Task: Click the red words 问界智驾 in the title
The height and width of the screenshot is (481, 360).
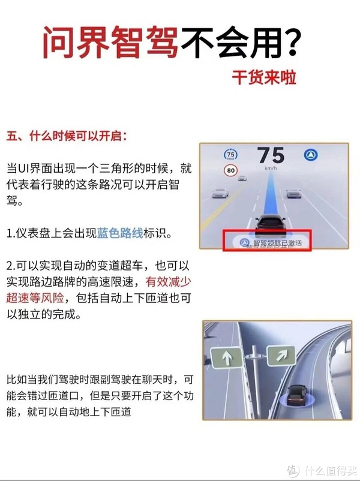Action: [110, 42]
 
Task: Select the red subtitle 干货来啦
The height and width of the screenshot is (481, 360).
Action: [264, 77]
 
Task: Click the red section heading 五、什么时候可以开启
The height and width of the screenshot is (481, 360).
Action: [66, 136]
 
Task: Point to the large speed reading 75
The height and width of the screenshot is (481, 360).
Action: [271, 155]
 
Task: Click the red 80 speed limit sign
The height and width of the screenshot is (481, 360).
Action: [231, 170]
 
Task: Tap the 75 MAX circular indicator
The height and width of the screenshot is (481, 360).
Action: [230, 155]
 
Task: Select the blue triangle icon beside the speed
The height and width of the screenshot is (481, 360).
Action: [311, 155]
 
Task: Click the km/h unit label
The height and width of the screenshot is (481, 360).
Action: [271, 168]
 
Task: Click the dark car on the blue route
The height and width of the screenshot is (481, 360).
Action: [270, 226]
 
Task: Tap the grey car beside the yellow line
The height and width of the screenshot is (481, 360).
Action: [220, 193]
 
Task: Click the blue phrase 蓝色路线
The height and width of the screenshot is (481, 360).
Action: [120, 233]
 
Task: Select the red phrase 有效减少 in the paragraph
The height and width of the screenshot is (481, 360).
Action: [168, 282]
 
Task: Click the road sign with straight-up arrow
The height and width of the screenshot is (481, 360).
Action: [227, 357]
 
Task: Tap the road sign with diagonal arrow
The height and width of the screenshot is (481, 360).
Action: [281, 356]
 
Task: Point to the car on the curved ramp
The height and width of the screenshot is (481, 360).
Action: [297, 396]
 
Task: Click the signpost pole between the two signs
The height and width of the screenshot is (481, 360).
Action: [255, 380]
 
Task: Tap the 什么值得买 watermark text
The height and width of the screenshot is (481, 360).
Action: [331, 470]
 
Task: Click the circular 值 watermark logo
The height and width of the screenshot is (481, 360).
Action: [293, 470]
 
